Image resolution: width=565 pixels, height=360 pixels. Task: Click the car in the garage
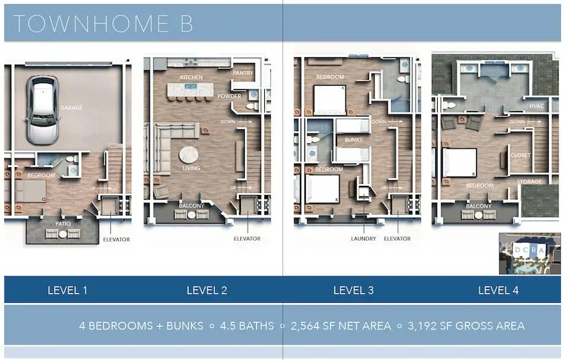(42, 110)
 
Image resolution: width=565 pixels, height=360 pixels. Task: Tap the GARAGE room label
(71, 107)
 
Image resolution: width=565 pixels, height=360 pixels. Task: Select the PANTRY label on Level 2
(243, 73)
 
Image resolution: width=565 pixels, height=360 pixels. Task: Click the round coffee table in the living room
(188, 155)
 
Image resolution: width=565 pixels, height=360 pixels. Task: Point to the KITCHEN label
(192, 77)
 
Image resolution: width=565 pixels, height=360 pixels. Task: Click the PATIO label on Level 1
(63, 224)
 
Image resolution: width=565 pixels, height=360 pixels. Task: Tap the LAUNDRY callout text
(364, 238)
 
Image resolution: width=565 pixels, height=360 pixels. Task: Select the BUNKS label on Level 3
(353, 140)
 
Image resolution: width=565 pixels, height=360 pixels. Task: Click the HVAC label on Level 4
(536, 106)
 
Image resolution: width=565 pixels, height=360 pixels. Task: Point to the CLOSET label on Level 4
(521, 155)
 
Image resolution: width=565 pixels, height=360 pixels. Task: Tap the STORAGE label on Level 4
(529, 181)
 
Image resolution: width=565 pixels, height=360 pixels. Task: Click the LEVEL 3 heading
(353, 290)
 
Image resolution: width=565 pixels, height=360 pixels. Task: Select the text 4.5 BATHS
(247, 326)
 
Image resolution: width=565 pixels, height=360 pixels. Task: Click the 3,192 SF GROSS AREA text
(466, 326)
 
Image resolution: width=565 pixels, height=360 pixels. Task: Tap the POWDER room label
(229, 96)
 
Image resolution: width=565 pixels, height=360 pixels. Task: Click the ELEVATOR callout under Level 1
(116, 239)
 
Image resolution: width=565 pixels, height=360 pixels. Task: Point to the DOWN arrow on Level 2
(245, 122)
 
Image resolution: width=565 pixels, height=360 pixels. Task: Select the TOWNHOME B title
(103, 24)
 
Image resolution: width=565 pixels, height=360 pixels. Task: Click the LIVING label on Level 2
(192, 168)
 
